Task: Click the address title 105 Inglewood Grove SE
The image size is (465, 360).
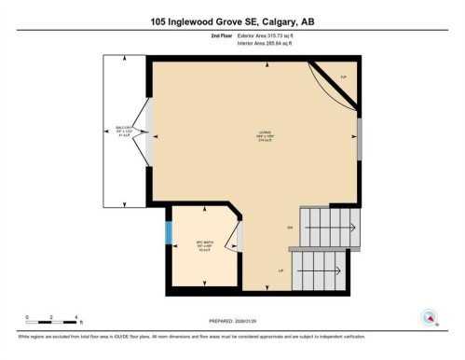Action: coord(232,21)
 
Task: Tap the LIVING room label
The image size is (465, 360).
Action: coord(252,136)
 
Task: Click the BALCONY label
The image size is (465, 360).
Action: coord(124,132)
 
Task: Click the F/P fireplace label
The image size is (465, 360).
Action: coord(342,76)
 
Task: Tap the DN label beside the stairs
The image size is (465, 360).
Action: coord(290,228)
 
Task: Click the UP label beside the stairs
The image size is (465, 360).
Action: coord(280,270)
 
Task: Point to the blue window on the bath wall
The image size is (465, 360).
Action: coord(169,233)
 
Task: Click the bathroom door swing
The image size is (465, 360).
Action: coord(236,240)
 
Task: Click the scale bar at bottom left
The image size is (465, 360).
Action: coord(54,321)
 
